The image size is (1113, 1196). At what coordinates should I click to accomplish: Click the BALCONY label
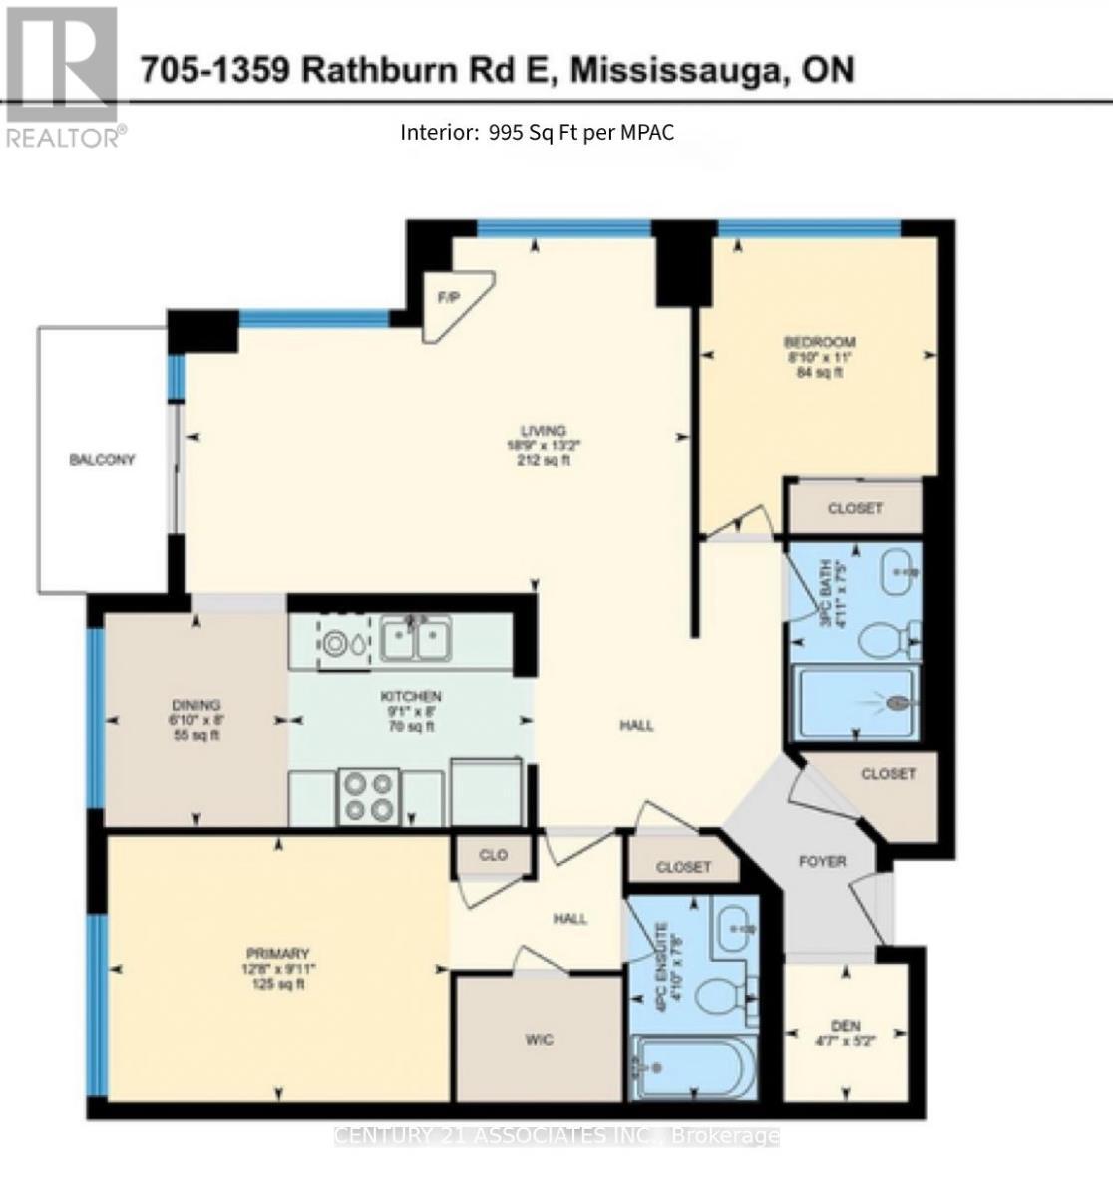coord(102,460)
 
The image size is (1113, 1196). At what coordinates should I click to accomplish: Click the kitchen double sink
coord(415,638)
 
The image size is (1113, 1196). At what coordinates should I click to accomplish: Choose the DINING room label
coord(194,705)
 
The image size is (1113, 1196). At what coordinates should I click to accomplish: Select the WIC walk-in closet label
coord(539,1040)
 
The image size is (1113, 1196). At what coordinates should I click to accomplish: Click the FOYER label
coord(823,861)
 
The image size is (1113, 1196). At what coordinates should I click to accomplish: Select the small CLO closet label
coord(493,855)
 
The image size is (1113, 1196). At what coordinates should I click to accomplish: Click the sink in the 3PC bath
coord(902,570)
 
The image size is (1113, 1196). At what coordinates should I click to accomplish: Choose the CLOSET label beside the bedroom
coord(855,508)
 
